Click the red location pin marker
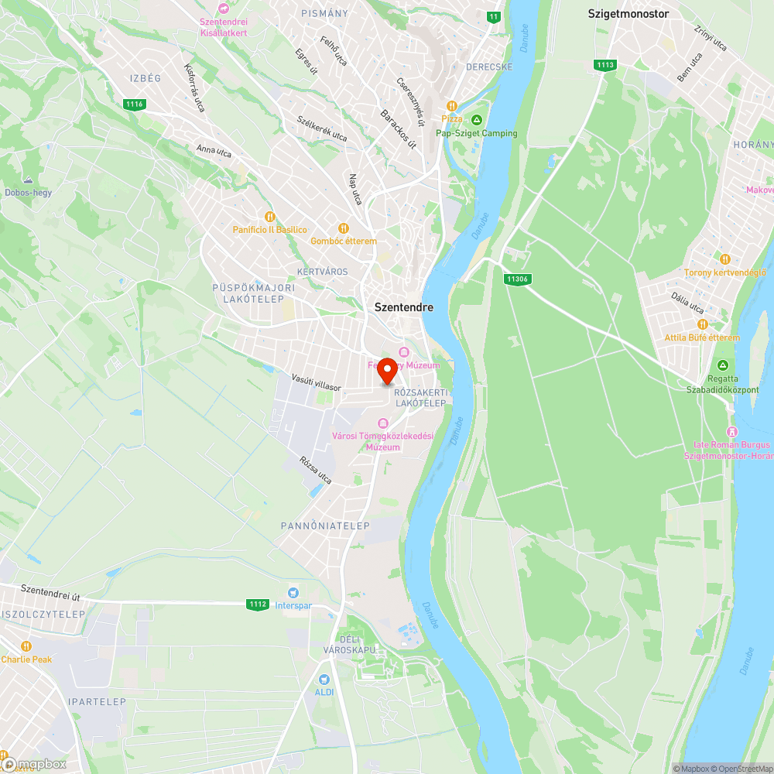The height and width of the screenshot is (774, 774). click(387, 372)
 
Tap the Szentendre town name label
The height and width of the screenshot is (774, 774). click(404, 307)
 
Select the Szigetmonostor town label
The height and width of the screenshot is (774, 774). click(628, 13)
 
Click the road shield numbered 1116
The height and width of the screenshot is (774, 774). click(135, 104)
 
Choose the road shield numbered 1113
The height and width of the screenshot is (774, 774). click(605, 65)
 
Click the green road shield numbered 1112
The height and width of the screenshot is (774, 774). click(258, 604)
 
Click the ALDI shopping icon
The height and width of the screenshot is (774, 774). click(324, 679)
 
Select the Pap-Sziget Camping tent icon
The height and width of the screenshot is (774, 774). click(477, 119)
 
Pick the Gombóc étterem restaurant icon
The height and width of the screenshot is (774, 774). click(344, 228)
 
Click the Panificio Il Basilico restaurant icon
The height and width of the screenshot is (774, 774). click(269, 217)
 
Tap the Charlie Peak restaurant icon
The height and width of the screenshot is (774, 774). click(26, 646)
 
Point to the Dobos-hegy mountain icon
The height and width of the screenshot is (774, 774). click(28, 180)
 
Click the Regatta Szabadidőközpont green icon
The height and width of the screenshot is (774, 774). click(722, 365)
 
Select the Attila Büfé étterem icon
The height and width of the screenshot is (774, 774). click(702, 324)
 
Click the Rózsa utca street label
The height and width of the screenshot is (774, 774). click(316, 470)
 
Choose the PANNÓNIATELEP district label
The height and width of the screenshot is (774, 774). click(325, 526)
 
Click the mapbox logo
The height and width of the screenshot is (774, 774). click(34, 764)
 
